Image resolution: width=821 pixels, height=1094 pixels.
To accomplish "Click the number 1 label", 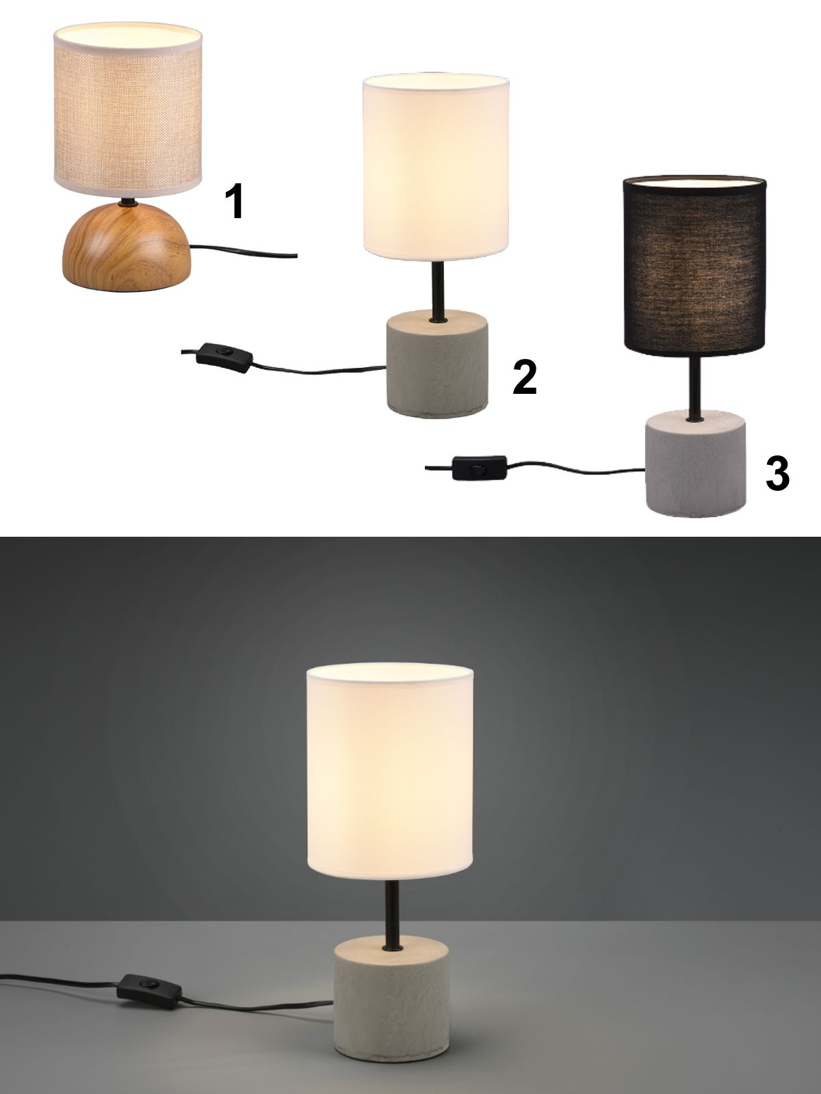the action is [x=234, y=201].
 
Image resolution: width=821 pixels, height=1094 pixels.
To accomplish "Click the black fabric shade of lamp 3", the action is [x=694, y=267].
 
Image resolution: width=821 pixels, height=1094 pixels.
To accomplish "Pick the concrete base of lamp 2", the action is [x=436, y=364].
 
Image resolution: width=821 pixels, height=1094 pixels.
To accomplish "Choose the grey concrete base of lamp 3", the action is [x=695, y=463].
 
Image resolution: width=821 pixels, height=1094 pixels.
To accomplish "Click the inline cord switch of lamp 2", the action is [x=224, y=358].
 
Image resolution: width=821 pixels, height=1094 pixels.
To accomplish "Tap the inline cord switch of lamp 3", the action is [x=480, y=468].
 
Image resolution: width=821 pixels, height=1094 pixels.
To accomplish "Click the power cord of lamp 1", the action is [x=244, y=251].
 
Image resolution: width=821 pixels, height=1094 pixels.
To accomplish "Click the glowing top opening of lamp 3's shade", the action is [x=694, y=181].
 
